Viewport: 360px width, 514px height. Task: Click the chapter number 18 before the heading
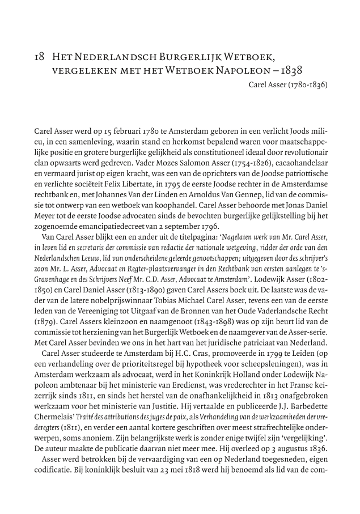(39, 57)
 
